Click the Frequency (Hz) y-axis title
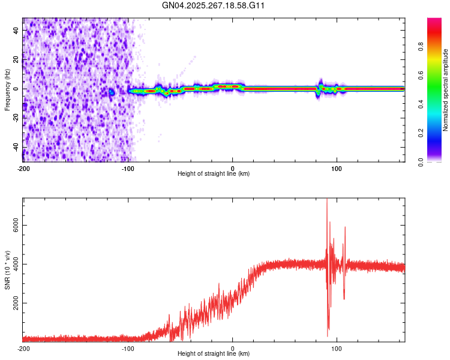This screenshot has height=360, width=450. click(7, 90)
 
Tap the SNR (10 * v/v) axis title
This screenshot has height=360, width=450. click(7, 270)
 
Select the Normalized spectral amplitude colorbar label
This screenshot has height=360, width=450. click(446, 90)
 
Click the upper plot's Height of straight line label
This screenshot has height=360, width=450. click(214, 173)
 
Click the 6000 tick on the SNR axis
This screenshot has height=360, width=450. click(13, 225)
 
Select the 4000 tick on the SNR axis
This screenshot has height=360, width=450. click(13, 264)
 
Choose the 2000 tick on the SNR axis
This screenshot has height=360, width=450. click(13, 304)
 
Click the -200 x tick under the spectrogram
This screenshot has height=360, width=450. click(23, 168)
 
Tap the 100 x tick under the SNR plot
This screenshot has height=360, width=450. click(337, 348)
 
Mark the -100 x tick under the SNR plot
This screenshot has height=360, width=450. click(128, 348)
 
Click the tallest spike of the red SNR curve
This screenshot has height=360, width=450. click(326, 200)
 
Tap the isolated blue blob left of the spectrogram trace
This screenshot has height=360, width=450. click(111, 92)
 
